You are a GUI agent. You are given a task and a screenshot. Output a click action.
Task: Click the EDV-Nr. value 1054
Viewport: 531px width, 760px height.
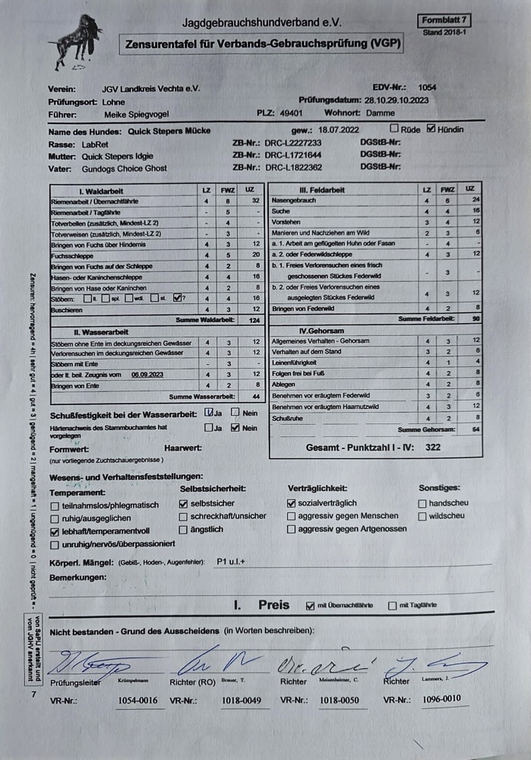[x=427, y=87]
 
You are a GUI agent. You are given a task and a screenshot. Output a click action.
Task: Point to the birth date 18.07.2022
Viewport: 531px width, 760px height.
[x=339, y=130]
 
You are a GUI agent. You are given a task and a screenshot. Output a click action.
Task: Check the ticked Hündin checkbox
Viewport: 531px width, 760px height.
[x=431, y=128]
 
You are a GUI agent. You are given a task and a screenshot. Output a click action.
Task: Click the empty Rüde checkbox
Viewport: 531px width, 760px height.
[x=394, y=128]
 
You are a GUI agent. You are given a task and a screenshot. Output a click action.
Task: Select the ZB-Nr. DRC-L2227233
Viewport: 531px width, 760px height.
[x=292, y=143]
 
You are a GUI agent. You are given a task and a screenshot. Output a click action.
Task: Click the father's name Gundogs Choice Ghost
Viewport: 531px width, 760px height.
[x=125, y=168]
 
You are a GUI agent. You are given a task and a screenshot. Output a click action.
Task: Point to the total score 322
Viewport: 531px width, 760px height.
[x=432, y=448]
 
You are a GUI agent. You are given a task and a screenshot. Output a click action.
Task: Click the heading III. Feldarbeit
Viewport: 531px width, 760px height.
[x=323, y=189]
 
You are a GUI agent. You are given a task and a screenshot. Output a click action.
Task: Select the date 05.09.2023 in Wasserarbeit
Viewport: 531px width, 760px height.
[x=147, y=375]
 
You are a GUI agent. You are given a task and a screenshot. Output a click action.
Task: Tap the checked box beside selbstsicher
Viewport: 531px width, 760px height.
[x=183, y=503]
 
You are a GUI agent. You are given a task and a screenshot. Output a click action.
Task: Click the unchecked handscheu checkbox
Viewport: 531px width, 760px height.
[x=422, y=503]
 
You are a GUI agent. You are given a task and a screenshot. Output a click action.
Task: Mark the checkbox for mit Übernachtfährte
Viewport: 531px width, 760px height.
[x=310, y=606]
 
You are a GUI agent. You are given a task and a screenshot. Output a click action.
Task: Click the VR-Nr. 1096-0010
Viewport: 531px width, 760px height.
[x=441, y=698]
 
